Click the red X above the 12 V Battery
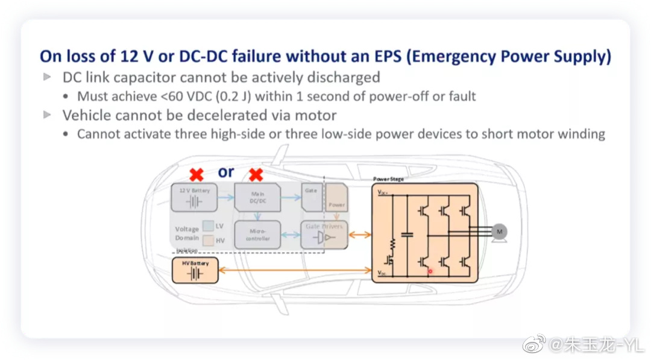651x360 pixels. click(196, 175)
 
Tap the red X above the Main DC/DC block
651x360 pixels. click(256, 175)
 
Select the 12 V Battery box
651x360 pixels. click(194, 197)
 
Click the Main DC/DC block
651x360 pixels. click(257, 197)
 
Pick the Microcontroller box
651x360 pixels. click(257, 234)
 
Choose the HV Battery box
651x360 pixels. click(195, 271)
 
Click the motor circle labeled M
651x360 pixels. click(499, 231)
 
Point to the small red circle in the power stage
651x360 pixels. click(430, 271)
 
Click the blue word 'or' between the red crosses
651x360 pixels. click(226, 172)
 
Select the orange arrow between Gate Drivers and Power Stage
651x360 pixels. click(360, 234)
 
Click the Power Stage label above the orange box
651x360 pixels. click(388, 179)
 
